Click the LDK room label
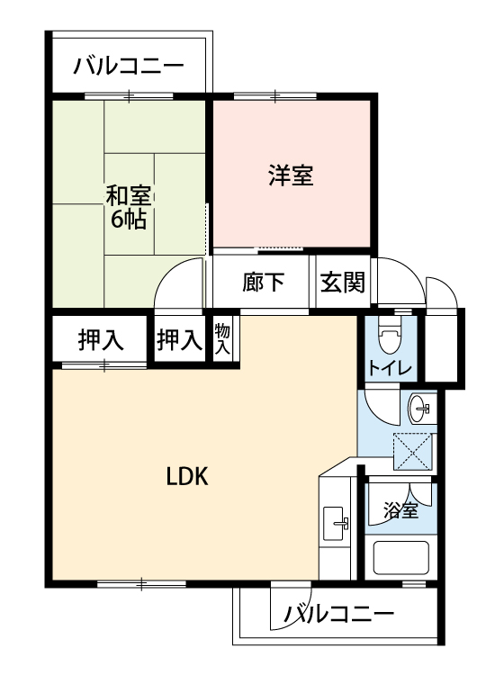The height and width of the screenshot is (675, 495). [x=187, y=476]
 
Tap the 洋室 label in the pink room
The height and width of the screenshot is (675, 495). [x=291, y=175]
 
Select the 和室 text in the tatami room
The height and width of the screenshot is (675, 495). [x=129, y=196]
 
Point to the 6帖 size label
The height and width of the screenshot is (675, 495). [x=129, y=219]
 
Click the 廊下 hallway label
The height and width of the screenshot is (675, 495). [x=263, y=283]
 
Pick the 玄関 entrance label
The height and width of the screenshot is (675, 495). [x=343, y=283]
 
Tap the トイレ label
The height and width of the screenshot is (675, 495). [x=391, y=368]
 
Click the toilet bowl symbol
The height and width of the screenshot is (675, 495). [x=390, y=337]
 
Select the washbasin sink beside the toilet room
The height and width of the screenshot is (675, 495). [x=418, y=408]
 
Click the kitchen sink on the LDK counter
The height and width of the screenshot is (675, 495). [x=336, y=523]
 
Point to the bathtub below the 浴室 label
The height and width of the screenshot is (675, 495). [x=401, y=558]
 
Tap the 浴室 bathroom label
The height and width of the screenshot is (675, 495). [x=400, y=511]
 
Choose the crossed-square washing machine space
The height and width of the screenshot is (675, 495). [x=413, y=452]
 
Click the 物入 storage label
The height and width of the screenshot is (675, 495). [x=222, y=339]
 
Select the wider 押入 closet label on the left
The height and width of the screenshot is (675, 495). [x=101, y=339]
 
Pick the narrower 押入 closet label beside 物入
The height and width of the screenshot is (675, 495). [x=179, y=339]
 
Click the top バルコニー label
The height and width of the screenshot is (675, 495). [x=129, y=66]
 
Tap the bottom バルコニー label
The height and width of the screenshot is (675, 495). [x=339, y=614]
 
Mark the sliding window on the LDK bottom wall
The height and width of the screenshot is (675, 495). [x=141, y=584]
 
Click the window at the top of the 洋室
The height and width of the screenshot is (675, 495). [x=275, y=96]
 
